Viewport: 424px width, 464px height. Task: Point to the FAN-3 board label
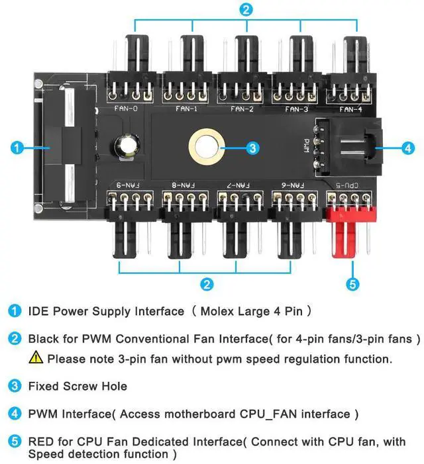[x=296, y=109]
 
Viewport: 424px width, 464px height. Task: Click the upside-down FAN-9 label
[x=126, y=185]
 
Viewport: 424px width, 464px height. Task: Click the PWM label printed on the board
[x=306, y=145]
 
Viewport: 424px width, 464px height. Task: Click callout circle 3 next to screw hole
[x=252, y=148]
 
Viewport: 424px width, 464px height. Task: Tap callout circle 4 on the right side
[x=408, y=148]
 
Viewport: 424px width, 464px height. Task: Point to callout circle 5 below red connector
[x=352, y=285]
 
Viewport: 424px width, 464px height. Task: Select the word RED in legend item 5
[x=40, y=441]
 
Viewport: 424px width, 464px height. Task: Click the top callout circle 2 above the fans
[x=246, y=10]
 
